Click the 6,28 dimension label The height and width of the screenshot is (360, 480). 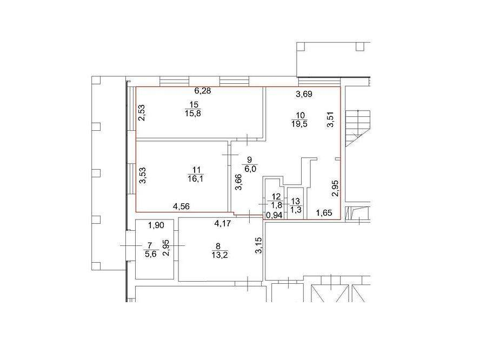click(x=203, y=91)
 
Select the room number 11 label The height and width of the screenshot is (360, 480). click(x=196, y=170)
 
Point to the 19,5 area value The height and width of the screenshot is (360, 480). click(x=299, y=124)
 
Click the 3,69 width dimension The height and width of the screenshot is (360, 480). click(x=304, y=94)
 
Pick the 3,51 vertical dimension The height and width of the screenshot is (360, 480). click(x=331, y=119)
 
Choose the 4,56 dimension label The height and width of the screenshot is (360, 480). click(x=181, y=206)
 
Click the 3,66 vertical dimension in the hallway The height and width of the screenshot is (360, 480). click(x=239, y=182)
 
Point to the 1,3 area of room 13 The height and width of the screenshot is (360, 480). click(x=296, y=210)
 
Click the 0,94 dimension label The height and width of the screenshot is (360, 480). click(x=274, y=216)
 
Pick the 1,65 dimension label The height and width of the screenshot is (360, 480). click(x=324, y=213)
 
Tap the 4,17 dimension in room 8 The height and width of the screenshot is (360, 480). click(x=223, y=224)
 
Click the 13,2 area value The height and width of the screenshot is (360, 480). click(x=219, y=255)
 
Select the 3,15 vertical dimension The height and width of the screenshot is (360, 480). click(x=259, y=245)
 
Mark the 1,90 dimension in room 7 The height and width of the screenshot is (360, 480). click(x=156, y=225)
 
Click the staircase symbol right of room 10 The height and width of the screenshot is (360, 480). click(x=357, y=128)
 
